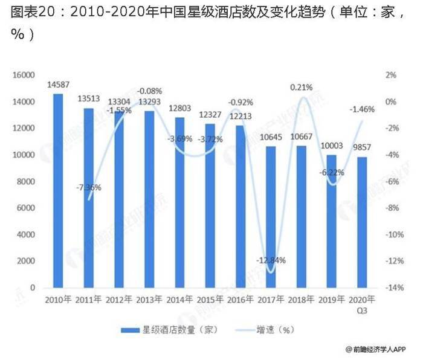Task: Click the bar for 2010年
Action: tap(58, 190)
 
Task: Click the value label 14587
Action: tap(58, 85)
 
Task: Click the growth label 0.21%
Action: tap(302, 88)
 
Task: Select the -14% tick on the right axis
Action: tap(396, 288)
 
